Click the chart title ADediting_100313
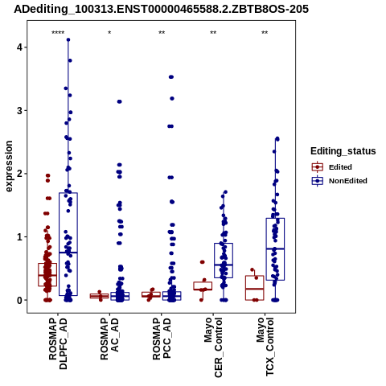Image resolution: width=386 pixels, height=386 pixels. click(161, 9)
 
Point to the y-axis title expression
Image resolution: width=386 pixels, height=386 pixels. click(9, 166)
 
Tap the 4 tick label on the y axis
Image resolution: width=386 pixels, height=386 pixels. click(19, 47)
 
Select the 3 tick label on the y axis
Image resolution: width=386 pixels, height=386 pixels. click(19, 111)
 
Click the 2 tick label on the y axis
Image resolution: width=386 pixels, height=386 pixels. click(19, 174)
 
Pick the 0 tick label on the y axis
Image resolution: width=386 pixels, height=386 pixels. click(19, 300)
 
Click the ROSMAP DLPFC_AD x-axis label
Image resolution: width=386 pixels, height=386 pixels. click(58, 343)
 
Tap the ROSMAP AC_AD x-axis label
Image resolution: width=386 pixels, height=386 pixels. click(109, 339)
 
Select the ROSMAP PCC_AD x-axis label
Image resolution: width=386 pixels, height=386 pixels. click(162, 339)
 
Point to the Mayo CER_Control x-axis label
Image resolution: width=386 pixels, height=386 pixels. click(213, 347)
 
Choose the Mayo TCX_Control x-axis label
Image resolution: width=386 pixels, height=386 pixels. click(265, 347)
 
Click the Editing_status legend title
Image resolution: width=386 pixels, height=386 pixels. click(343, 151)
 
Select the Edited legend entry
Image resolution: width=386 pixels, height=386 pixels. click(332, 167)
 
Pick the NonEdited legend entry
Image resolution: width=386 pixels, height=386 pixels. click(339, 181)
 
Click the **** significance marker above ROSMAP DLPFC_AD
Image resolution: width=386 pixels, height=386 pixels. click(58, 33)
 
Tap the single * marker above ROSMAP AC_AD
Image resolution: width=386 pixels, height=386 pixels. click(109, 33)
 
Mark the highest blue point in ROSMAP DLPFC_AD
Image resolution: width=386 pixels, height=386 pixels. click(68, 39)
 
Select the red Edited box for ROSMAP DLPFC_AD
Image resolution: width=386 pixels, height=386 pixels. click(47, 264)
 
